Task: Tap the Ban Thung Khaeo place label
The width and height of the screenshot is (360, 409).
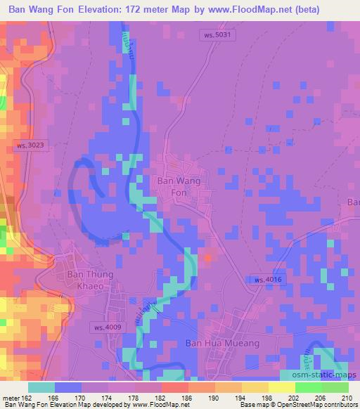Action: coord(90,280)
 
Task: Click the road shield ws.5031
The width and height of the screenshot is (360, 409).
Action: coord(214,34)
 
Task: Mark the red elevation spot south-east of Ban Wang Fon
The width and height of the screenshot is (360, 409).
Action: coord(207,257)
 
